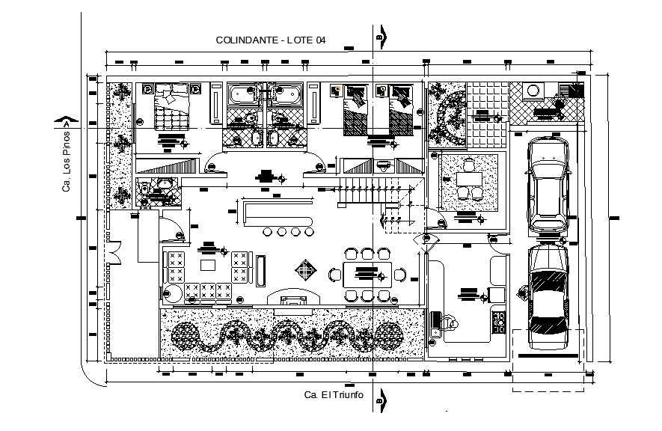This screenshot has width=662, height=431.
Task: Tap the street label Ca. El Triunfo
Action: (333, 394)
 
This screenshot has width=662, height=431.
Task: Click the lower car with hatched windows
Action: (548, 298)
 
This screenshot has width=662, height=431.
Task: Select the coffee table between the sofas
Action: (207, 265)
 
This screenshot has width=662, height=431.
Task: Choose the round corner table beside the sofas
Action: (173, 293)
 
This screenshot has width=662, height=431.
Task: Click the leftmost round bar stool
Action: (268, 232)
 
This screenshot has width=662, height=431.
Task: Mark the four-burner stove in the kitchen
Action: (499, 323)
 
